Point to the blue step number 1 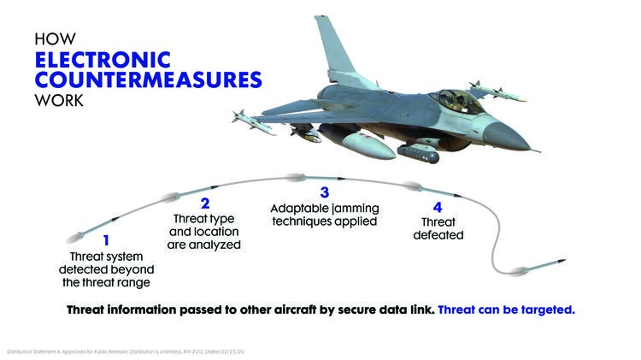tap(106, 242)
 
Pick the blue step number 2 tap(205, 204)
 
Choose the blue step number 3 tap(324, 193)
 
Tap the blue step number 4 tap(438, 207)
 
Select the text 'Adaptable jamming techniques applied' tap(325, 215)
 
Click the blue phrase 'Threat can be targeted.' tap(507, 309)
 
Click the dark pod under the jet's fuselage tap(418, 154)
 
